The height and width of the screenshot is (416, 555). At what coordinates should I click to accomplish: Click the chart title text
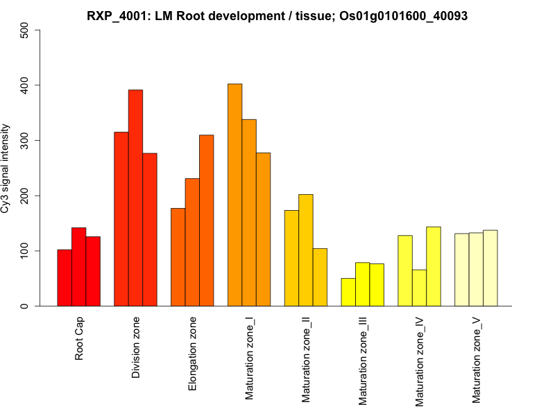point(277,15)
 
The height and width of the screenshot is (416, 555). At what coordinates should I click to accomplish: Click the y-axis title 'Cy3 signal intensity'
point(6,168)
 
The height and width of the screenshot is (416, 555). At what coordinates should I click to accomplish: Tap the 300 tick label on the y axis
point(25,141)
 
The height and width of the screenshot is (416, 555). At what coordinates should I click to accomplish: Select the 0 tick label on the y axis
point(25,306)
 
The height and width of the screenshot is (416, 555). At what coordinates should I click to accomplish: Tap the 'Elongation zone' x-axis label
point(193,354)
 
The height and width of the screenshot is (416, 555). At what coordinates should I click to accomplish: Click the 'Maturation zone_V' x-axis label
point(477,359)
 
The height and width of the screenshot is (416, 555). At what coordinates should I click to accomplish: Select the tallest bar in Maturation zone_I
point(235,195)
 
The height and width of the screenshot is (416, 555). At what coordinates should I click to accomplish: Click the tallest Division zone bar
point(135,198)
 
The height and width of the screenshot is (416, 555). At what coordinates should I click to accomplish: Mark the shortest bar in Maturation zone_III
point(348,292)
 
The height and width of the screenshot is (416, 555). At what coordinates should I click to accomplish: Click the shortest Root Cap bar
point(65,277)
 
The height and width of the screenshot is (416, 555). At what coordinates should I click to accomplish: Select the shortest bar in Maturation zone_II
point(320,277)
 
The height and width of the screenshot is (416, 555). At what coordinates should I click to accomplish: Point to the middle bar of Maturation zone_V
point(476,269)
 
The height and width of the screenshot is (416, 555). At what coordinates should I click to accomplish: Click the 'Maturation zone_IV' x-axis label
point(420,360)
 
